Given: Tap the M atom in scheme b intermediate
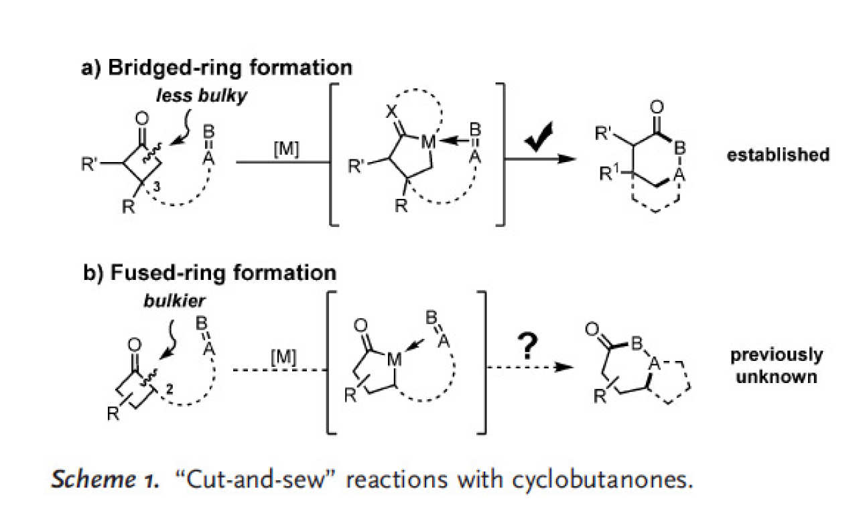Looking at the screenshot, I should (394, 360).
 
